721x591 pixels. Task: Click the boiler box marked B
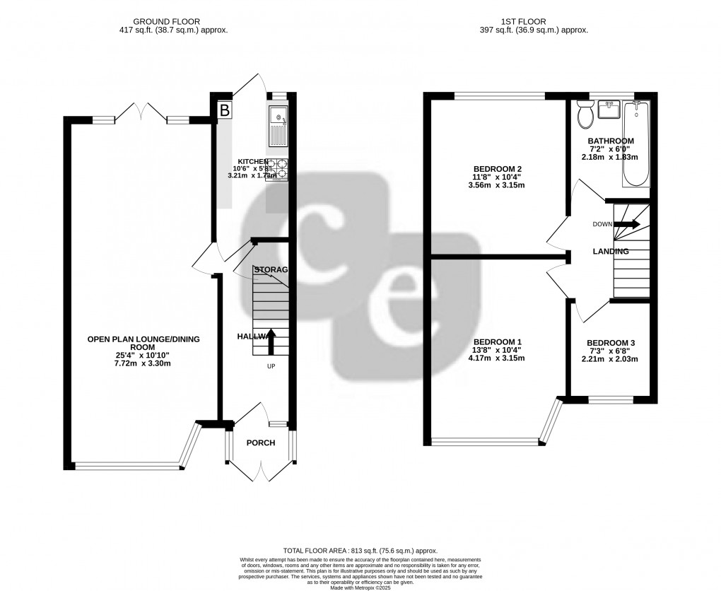click(x=225, y=110)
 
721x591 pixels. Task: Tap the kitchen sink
click(x=279, y=124)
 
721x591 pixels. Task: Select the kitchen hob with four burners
click(x=278, y=169)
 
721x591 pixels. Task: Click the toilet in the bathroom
click(x=585, y=115)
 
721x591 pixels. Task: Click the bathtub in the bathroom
click(x=635, y=143)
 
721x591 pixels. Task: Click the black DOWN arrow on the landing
click(x=626, y=224)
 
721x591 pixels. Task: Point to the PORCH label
click(x=260, y=443)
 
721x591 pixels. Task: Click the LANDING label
click(x=611, y=251)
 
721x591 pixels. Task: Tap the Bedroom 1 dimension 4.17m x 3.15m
click(x=498, y=358)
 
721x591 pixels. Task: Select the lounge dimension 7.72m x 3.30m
click(x=143, y=363)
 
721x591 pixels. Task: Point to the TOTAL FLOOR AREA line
click(x=360, y=551)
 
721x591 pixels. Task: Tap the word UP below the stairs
click(x=271, y=367)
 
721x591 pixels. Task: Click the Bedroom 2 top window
click(x=499, y=96)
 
